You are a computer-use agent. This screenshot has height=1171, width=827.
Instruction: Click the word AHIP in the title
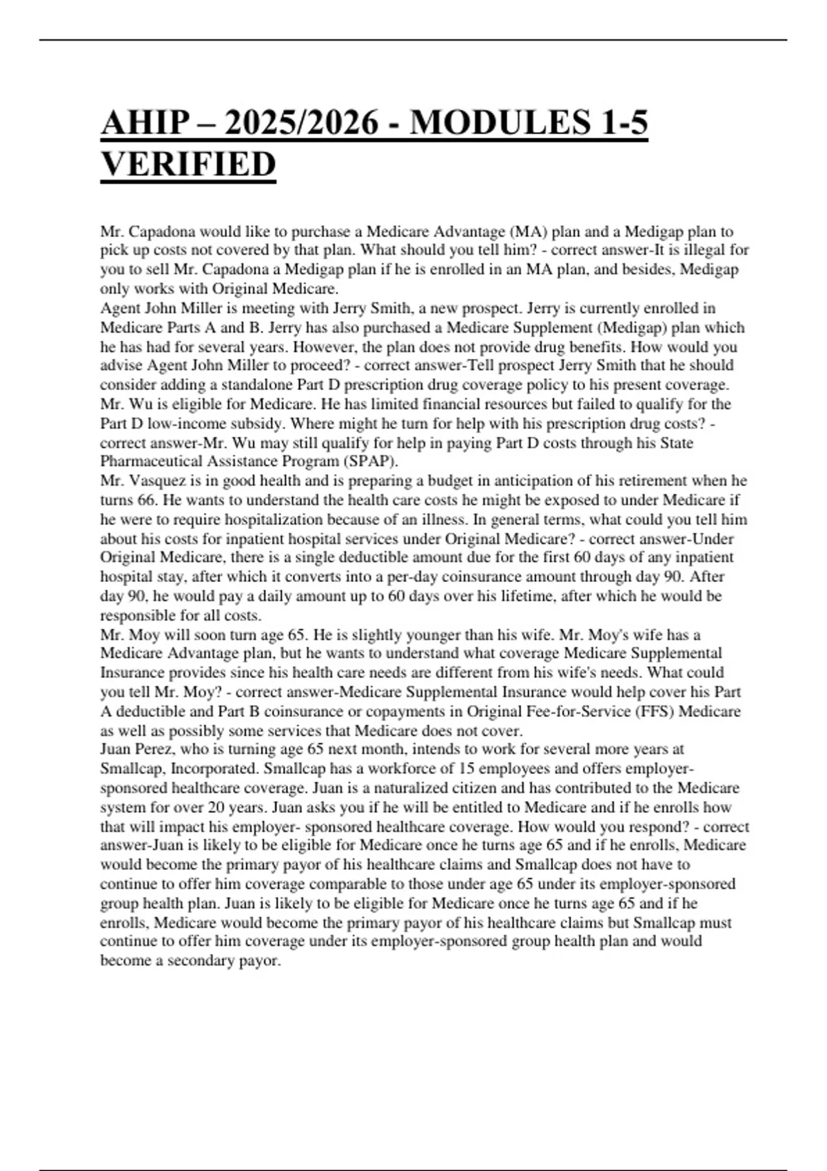click(x=145, y=123)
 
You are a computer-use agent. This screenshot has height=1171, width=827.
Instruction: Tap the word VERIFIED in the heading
click(x=188, y=165)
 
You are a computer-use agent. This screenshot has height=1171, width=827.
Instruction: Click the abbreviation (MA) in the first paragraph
click(x=527, y=231)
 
